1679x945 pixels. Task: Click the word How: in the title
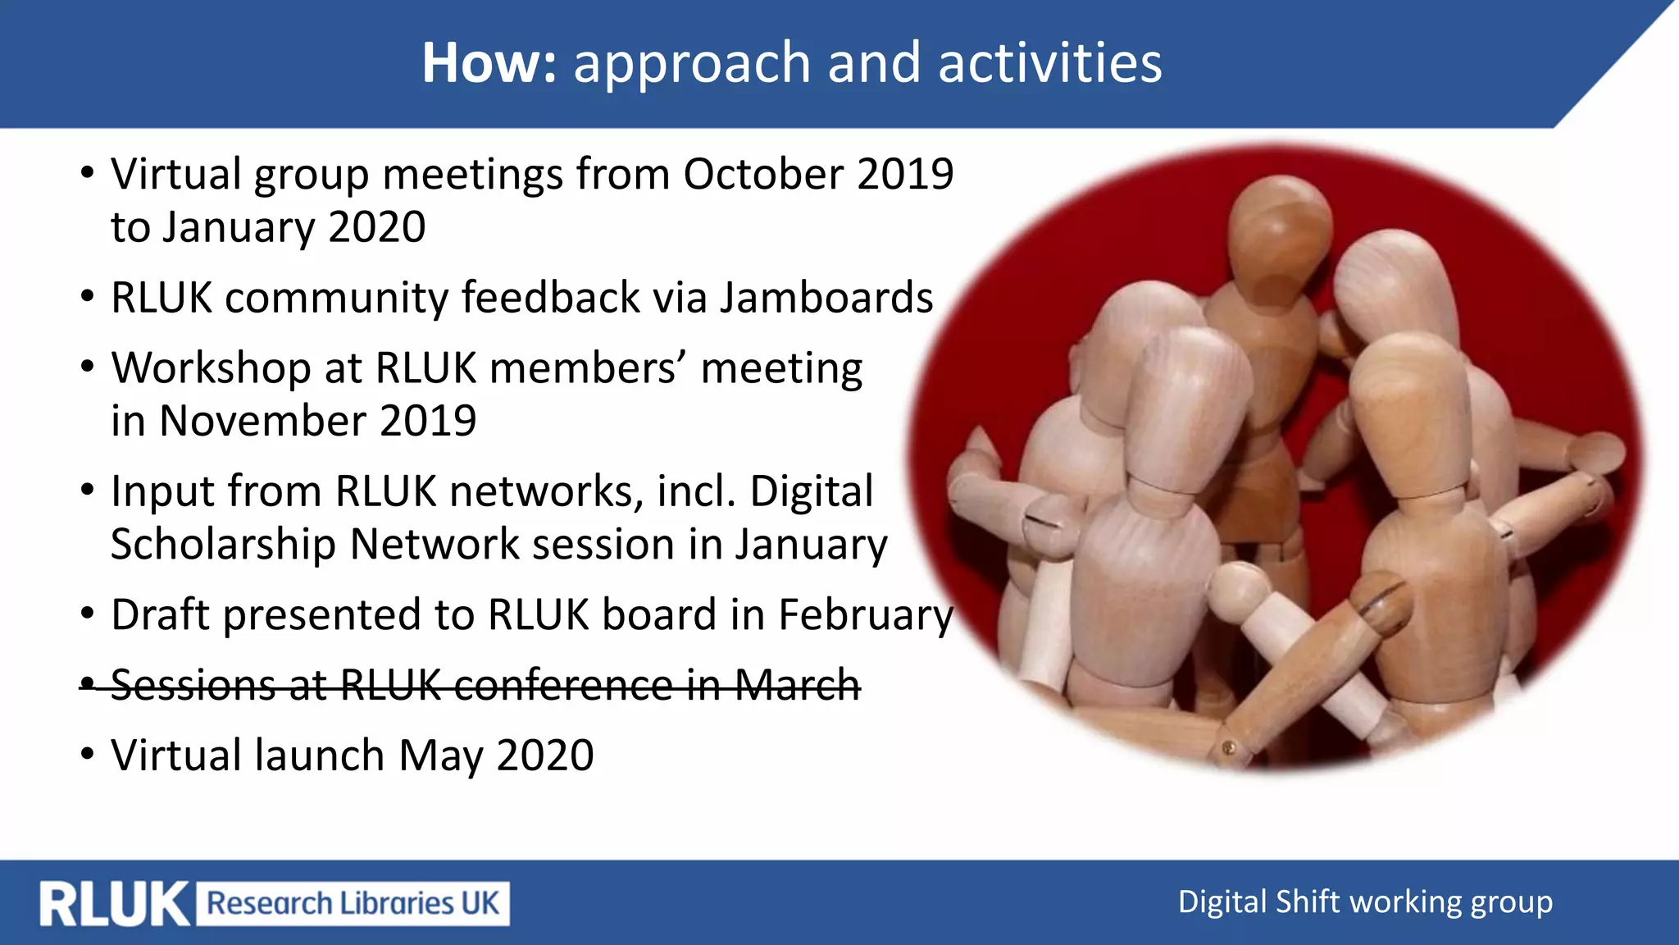point(489,63)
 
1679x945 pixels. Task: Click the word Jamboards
point(826,297)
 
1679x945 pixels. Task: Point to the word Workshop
point(211,368)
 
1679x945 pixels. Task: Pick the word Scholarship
point(223,545)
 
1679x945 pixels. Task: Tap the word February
point(866,615)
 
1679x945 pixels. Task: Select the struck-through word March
point(797,685)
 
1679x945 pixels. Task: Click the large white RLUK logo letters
point(114,904)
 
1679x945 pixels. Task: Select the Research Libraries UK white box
point(353,904)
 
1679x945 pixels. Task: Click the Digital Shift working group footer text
point(1365,902)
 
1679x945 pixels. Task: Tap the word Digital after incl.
point(811,491)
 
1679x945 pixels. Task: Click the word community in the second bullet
point(336,297)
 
